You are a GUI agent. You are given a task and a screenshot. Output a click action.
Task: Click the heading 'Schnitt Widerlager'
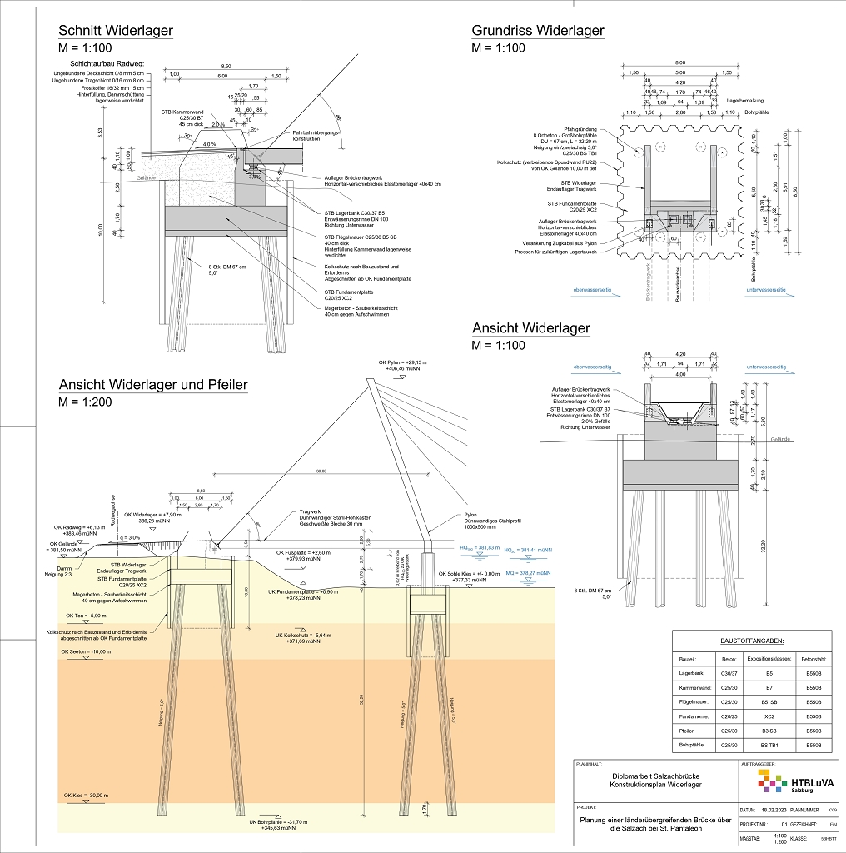pos(116,32)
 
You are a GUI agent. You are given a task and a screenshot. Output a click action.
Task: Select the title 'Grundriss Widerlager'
pos(538,32)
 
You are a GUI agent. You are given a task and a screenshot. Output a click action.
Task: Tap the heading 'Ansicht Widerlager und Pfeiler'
pos(152,384)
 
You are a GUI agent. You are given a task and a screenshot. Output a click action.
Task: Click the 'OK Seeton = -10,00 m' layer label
pos(85,651)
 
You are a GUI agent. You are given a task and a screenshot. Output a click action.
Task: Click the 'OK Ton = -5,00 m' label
pos(82,616)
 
